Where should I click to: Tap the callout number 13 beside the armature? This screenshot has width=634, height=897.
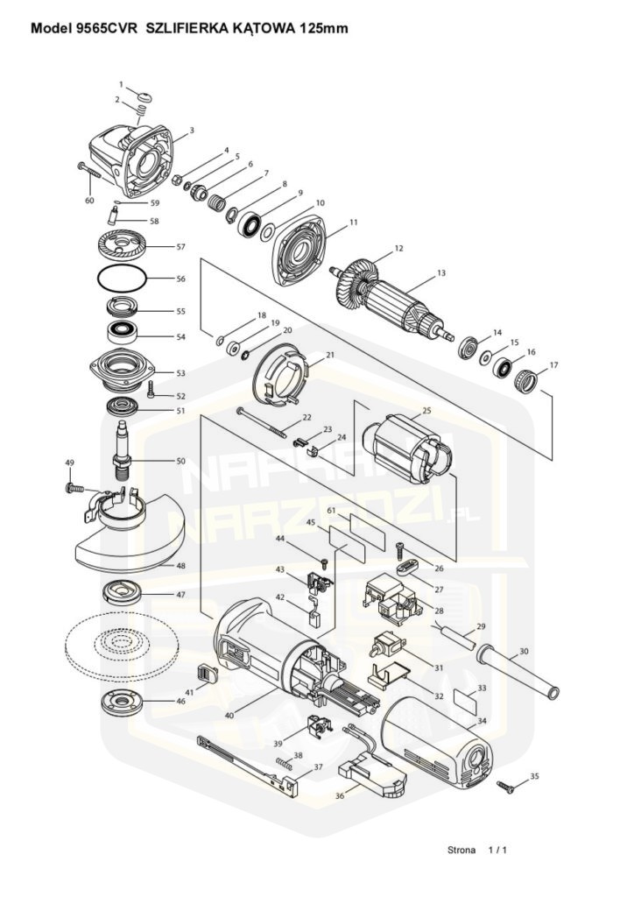(x=440, y=273)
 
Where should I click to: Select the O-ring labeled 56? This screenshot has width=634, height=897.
(x=123, y=279)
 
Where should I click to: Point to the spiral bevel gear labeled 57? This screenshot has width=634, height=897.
(x=123, y=245)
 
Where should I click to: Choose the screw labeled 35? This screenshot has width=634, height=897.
(x=506, y=787)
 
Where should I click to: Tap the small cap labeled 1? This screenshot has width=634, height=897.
(x=145, y=95)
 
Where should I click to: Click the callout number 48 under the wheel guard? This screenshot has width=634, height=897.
(x=180, y=566)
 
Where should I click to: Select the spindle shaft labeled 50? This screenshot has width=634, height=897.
(x=123, y=452)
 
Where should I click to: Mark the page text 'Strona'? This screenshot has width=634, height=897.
(x=461, y=850)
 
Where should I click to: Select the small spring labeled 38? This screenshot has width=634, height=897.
(x=284, y=763)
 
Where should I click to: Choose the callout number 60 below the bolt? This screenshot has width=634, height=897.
(x=89, y=201)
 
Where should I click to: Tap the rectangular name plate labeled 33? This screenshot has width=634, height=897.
(x=466, y=700)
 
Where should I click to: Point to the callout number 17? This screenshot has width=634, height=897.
(x=553, y=365)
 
